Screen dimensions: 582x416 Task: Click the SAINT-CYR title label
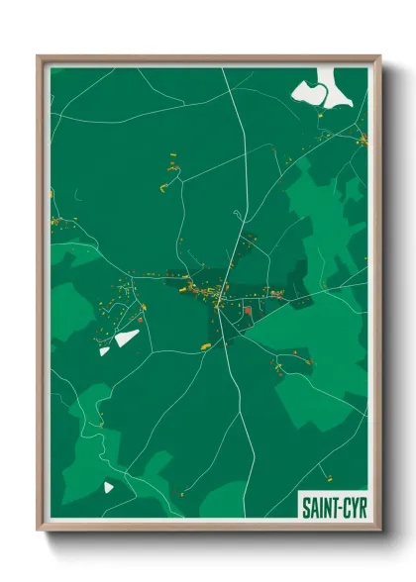[334, 508]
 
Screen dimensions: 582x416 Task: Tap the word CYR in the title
[354, 508]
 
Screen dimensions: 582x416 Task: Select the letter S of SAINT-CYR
[306, 508]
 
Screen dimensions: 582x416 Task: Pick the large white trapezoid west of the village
[127, 339]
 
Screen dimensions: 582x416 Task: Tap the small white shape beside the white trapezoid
[104, 350]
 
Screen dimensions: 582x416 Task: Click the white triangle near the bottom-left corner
[108, 487]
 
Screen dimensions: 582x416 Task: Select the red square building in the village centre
[247, 311]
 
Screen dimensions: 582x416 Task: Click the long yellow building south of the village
[206, 345]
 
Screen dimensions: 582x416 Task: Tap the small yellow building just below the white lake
[321, 116]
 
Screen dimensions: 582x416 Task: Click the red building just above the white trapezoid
[142, 319]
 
